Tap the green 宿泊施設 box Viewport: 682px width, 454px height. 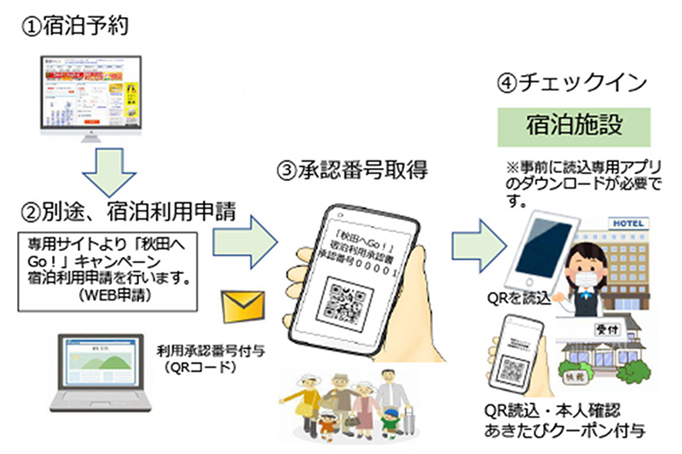[x=575, y=126]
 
